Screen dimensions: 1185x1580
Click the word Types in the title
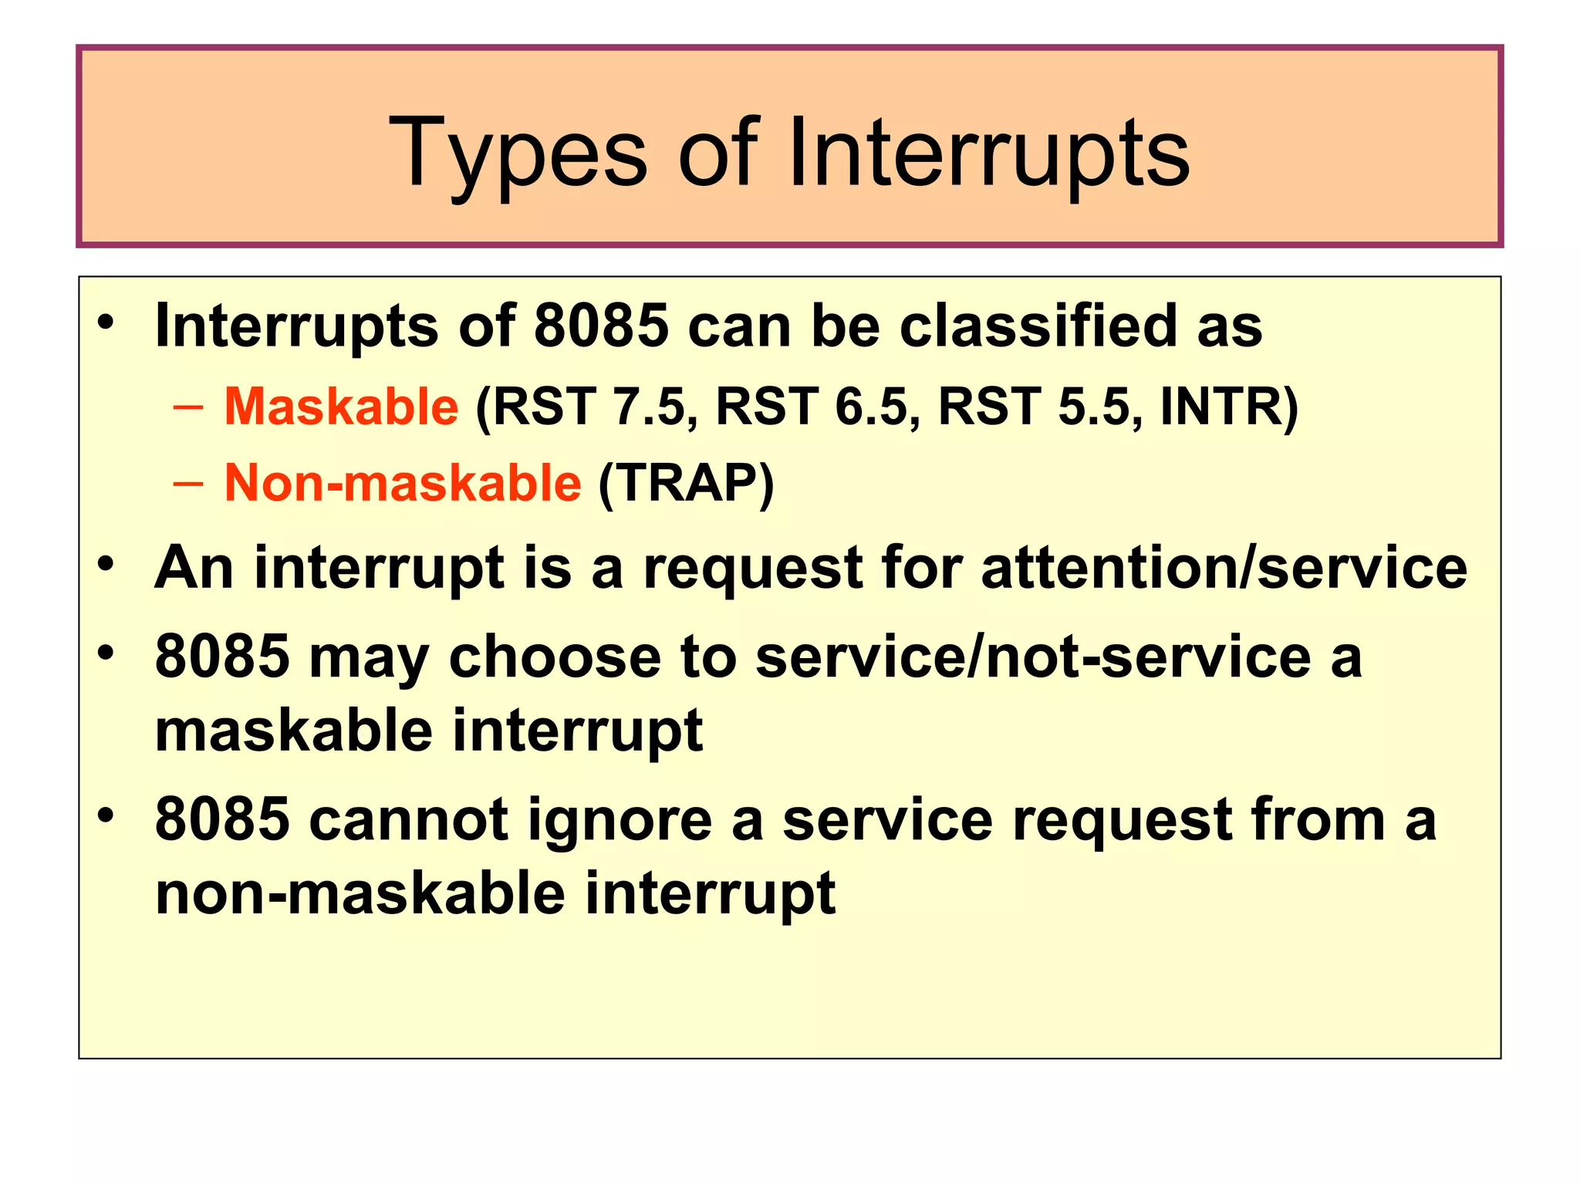click(518, 154)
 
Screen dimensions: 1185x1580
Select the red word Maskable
click(341, 407)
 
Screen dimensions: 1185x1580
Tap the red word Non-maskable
click(402, 483)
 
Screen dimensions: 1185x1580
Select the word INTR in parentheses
click(1221, 407)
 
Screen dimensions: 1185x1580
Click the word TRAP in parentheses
click(686, 484)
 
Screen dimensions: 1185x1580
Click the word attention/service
click(1224, 568)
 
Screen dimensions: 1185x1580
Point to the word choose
click(554, 657)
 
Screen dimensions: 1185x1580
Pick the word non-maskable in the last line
click(360, 893)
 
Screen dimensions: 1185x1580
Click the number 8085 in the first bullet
click(601, 326)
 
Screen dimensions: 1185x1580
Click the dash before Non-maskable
click(188, 484)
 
